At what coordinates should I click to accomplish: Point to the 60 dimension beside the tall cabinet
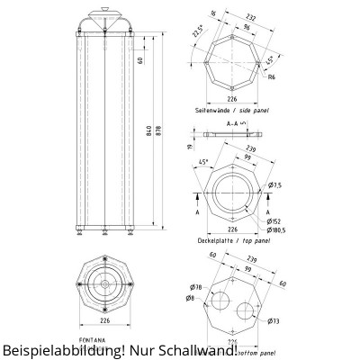tap(140, 60)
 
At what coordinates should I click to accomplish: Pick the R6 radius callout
tap(272, 77)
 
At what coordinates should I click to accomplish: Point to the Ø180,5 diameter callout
tap(275, 229)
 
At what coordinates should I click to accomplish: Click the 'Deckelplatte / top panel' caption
tap(232, 241)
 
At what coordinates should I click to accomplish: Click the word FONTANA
tap(91, 339)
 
